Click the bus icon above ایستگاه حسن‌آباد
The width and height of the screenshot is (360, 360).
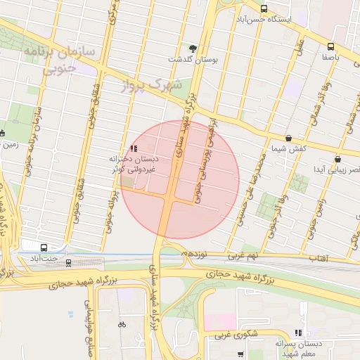264,9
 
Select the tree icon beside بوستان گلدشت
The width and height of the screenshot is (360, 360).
193,48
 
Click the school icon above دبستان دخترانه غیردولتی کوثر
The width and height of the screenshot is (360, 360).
134,148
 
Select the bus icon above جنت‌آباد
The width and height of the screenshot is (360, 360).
44,248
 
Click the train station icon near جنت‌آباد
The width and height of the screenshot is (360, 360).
68,263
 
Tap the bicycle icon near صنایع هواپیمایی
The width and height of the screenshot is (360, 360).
122,324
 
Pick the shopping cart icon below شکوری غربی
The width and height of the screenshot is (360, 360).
240,353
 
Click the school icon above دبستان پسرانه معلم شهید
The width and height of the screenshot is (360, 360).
298,332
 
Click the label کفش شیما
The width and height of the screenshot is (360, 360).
288,150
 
